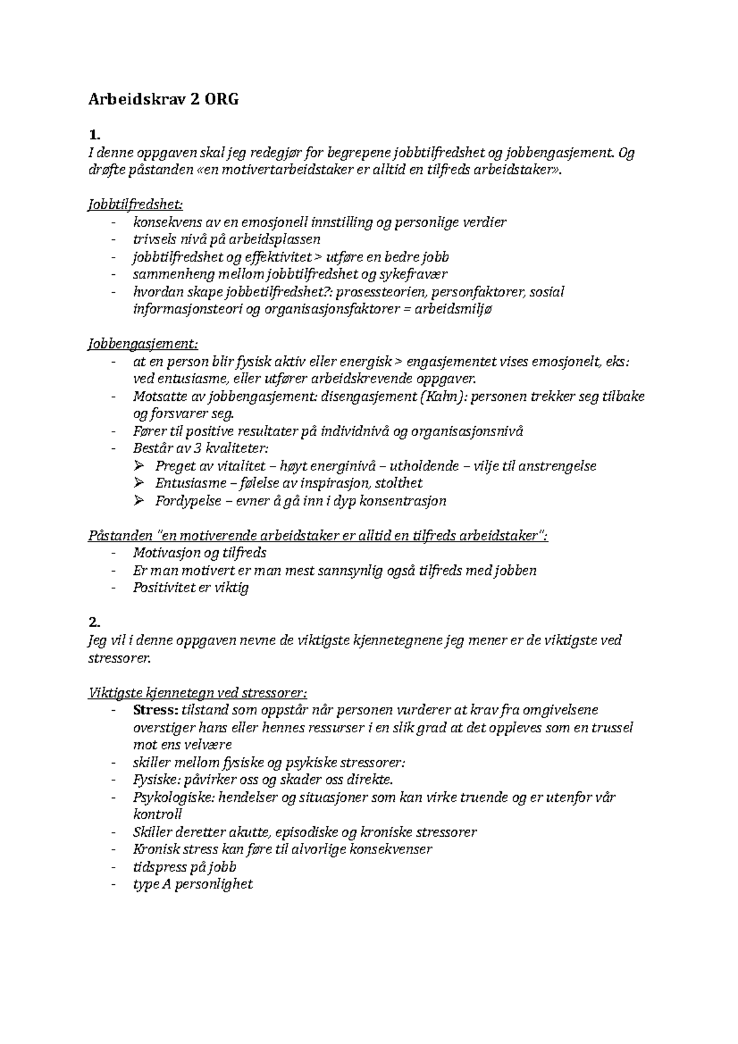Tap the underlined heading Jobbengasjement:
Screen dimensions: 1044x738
pos(144,344)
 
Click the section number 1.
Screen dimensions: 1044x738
pos(93,135)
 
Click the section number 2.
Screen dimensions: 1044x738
pos(94,622)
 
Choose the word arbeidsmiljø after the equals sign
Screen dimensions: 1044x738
pos(454,309)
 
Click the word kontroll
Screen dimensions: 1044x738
pos(157,815)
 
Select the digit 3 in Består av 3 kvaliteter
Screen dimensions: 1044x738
pos(191,448)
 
